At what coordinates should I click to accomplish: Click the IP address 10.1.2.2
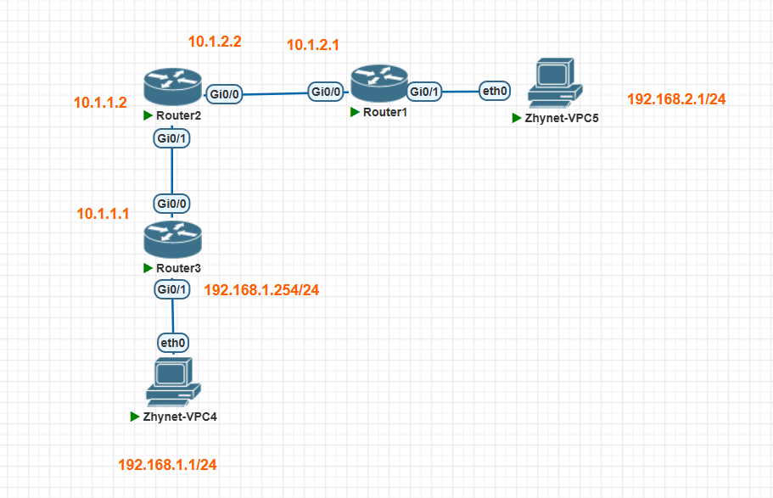pyautogui.click(x=215, y=41)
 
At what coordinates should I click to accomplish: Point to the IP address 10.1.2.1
pyautogui.click(x=313, y=45)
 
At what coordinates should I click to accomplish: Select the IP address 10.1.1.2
pyautogui.click(x=100, y=103)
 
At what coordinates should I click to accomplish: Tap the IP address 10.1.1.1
pyautogui.click(x=103, y=214)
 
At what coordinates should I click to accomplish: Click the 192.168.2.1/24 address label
pyautogui.click(x=676, y=99)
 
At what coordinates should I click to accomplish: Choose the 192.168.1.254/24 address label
pyautogui.click(x=261, y=290)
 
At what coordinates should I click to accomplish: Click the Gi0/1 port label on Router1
pyautogui.click(x=425, y=91)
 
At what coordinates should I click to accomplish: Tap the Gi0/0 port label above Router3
pyautogui.click(x=172, y=204)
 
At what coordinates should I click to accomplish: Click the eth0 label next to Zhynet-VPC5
pyautogui.click(x=495, y=91)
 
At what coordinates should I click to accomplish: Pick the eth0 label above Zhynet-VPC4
pyautogui.click(x=173, y=343)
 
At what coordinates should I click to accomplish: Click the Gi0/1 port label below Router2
pyautogui.click(x=172, y=137)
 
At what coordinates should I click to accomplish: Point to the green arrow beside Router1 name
pyautogui.click(x=355, y=112)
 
